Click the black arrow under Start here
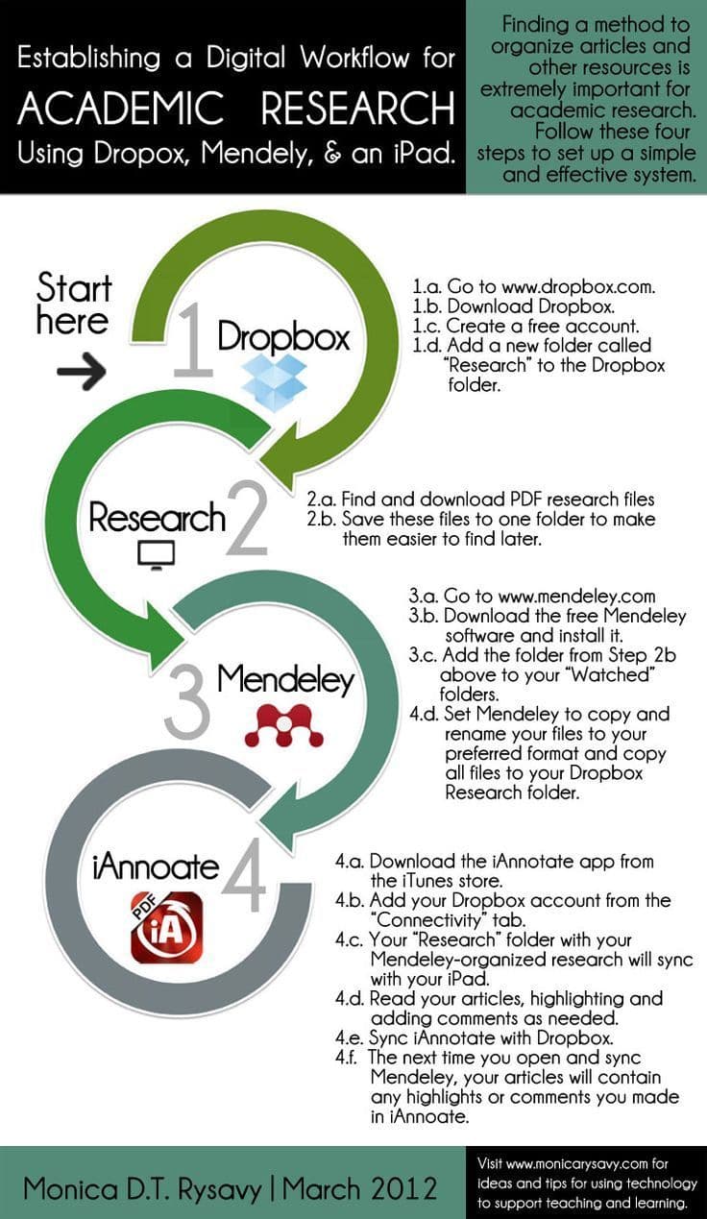(82, 371)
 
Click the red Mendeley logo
(283, 725)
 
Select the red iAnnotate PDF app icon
(166, 928)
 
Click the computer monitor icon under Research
(157, 555)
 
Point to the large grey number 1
(193, 341)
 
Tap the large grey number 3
(187, 701)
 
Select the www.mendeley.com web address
(576, 596)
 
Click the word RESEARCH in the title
(357, 108)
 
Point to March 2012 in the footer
(360, 1188)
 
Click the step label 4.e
(349, 1037)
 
